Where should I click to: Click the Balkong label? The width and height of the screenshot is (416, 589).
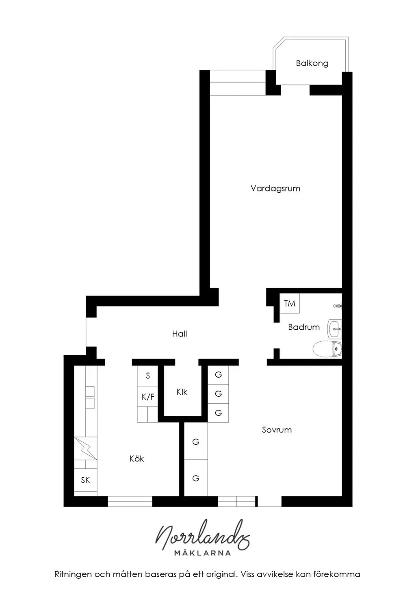[312, 63]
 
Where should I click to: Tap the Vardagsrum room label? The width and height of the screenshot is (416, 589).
[275, 189]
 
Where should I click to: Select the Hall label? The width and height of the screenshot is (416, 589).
[180, 334]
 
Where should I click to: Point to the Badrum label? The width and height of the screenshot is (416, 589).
[304, 327]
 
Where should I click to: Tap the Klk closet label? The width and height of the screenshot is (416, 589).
[182, 392]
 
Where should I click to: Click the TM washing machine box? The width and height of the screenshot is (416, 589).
[289, 303]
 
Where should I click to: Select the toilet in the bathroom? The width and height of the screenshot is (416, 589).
[327, 349]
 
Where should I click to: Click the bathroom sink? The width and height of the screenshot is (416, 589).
[334, 329]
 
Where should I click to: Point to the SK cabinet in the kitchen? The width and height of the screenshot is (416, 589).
[85, 480]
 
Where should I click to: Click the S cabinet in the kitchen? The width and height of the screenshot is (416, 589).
[147, 376]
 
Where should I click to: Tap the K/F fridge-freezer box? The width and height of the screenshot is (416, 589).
[147, 396]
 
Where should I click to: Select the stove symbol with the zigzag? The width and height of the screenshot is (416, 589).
[86, 449]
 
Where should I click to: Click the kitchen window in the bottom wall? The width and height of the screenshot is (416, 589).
[130, 501]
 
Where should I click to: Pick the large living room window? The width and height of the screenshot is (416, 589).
[238, 83]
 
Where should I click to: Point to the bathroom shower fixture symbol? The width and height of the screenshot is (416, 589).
[338, 306]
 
